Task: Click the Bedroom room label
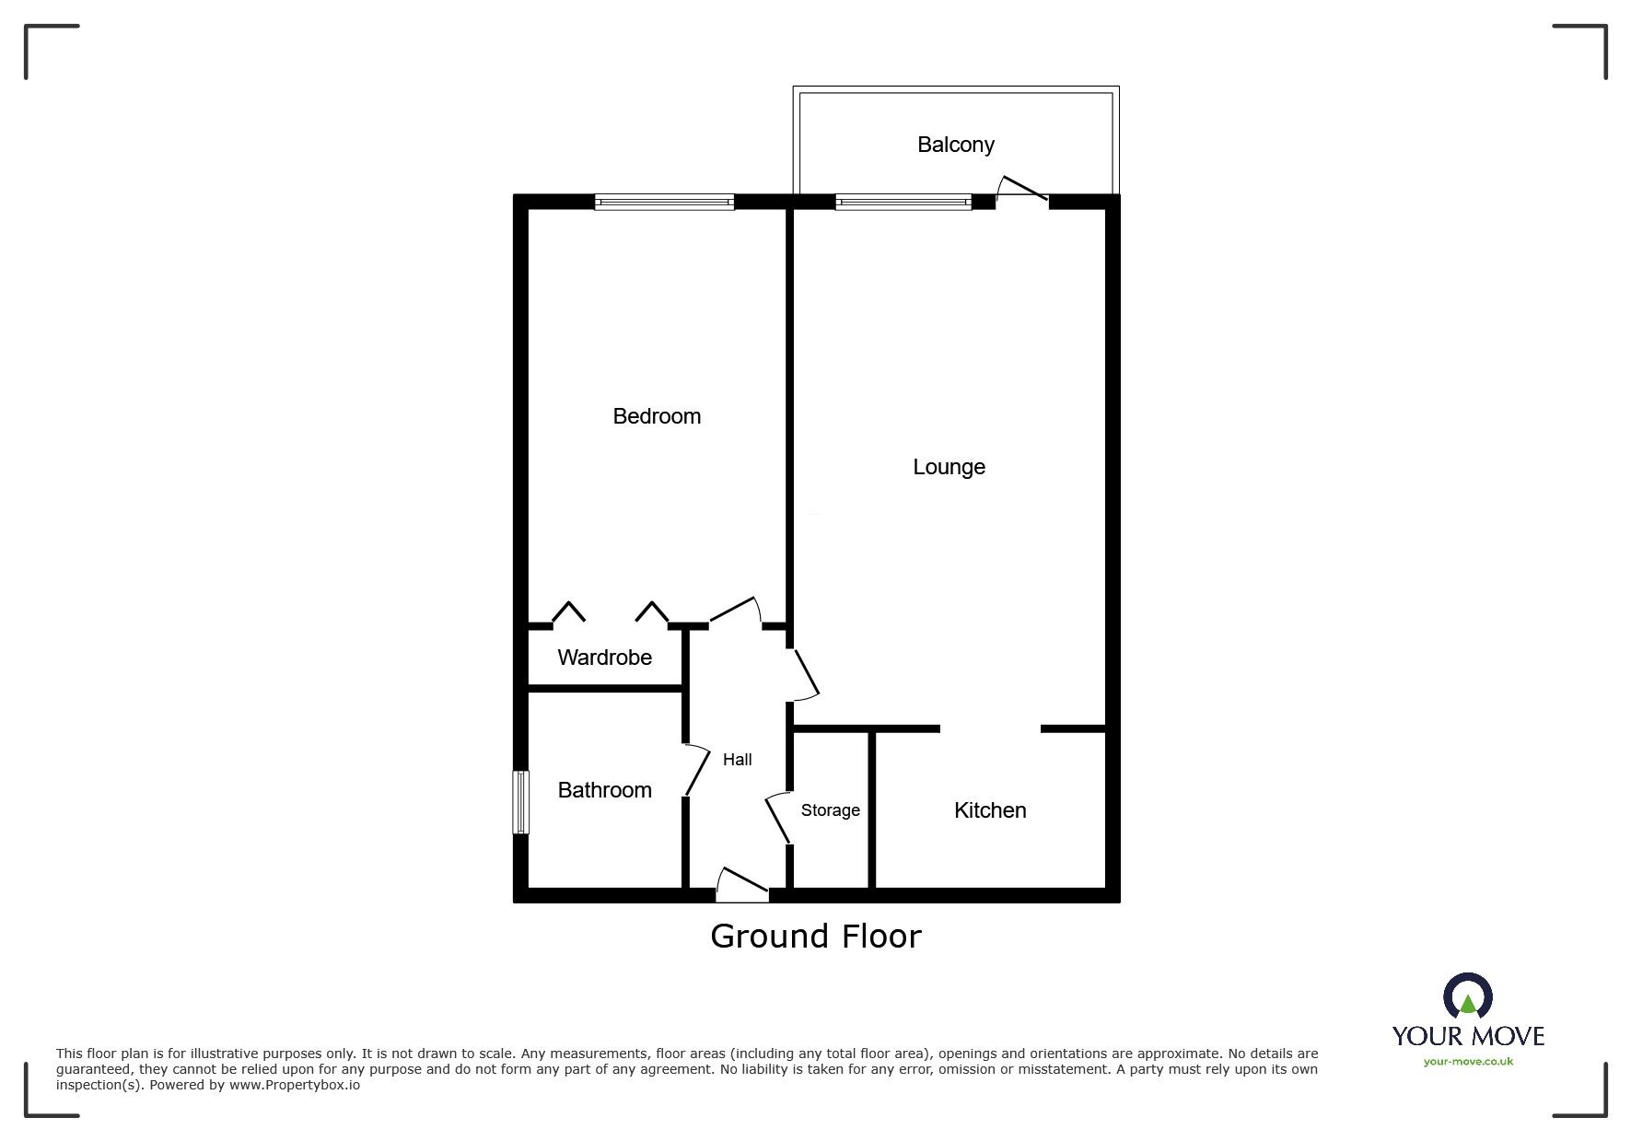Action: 657,416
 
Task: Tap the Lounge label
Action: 949,467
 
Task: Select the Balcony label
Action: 955,145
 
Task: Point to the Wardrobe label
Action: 604,658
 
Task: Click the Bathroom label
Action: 604,790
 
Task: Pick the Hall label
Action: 737,760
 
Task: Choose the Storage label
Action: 830,810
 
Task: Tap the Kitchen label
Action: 990,810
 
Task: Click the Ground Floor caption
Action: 815,937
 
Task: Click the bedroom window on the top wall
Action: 664,203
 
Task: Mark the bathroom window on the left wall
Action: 521,802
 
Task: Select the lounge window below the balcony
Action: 903,203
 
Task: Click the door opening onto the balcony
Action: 1022,190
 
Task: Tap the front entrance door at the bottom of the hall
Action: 742,884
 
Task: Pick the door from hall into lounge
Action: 805,675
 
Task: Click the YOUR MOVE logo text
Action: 1468,1036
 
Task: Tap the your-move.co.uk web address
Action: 1468,1062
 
